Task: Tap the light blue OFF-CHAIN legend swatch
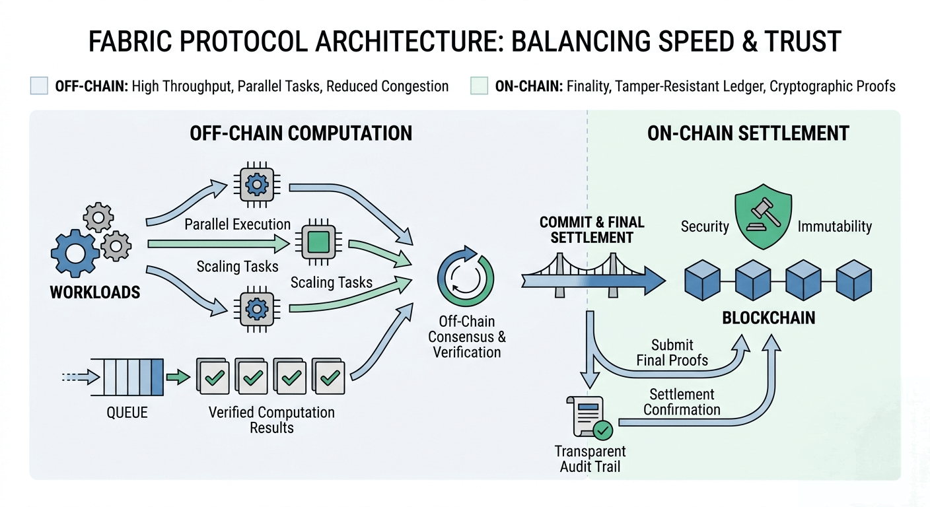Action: pos(39,86)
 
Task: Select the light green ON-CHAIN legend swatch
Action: pos(480,86)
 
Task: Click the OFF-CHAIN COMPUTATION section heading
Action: pos(301,133)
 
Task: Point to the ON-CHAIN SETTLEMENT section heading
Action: pos(748,133)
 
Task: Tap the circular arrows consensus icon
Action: pos(465,277)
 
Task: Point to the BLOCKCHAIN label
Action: pos(768,318)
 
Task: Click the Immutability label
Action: pos(834,226)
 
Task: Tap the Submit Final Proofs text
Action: pos(672,353)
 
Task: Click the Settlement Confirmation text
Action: pos(682,402)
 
